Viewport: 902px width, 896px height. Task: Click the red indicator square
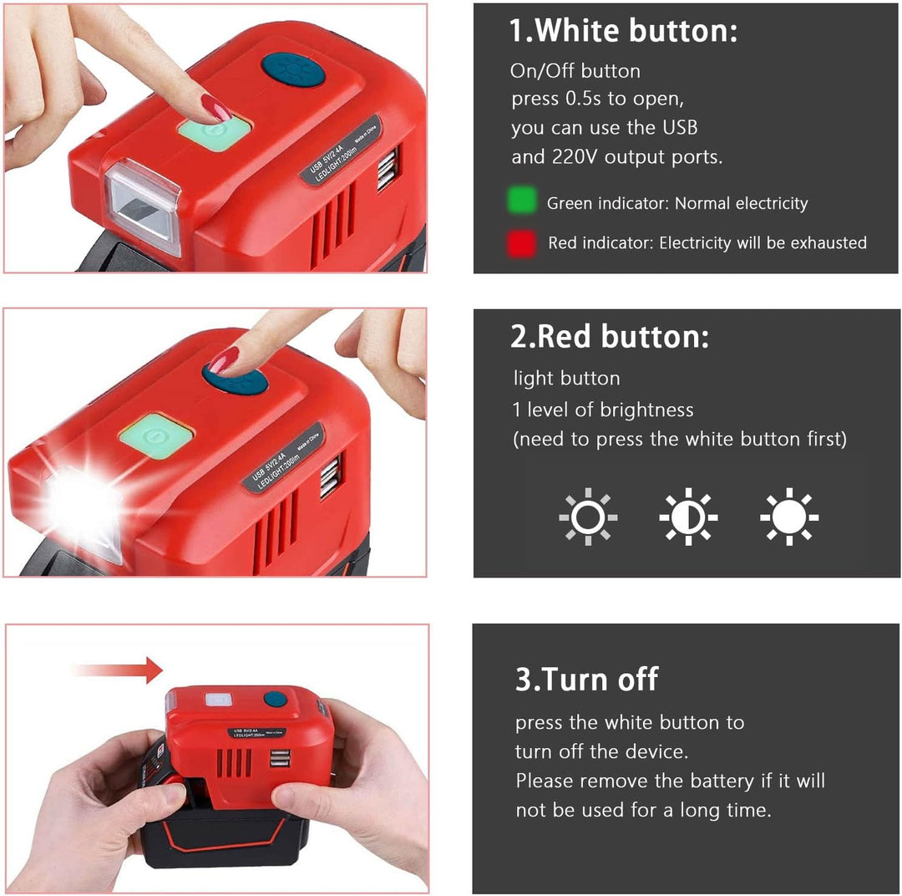522,243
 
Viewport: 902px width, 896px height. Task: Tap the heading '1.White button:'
624,31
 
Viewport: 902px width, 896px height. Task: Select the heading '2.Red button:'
610,336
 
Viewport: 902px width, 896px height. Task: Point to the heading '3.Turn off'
586,679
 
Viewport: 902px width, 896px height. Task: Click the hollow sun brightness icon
588,517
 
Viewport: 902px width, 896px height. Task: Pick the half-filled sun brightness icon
688,517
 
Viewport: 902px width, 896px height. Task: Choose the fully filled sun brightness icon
789,517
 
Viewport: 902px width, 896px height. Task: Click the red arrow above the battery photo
119,669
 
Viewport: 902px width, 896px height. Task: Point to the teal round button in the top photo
293,72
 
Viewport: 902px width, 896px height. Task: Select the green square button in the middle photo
156,436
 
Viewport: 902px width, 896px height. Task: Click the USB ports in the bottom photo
280,758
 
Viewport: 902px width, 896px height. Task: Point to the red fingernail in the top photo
215,108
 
